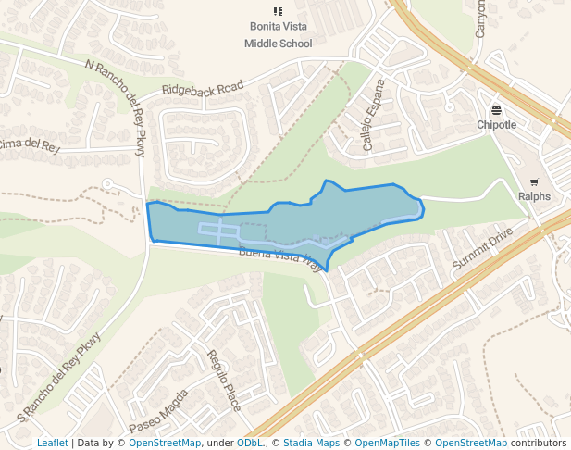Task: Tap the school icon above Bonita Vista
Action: pos(279,12)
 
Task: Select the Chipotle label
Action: pos(497,125)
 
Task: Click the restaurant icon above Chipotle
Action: pos(497,109)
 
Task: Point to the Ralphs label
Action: pos(534,196)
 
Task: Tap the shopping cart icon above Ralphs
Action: pos(534,181)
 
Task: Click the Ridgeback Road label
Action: pos(203,88)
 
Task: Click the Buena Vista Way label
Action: pos(280,258)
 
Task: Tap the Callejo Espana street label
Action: pos(372,127)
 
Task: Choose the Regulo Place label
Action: pos(224,381)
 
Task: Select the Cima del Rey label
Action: pos(30,144)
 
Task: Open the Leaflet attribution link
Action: pos(52,444)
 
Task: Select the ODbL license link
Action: pos(250,444)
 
